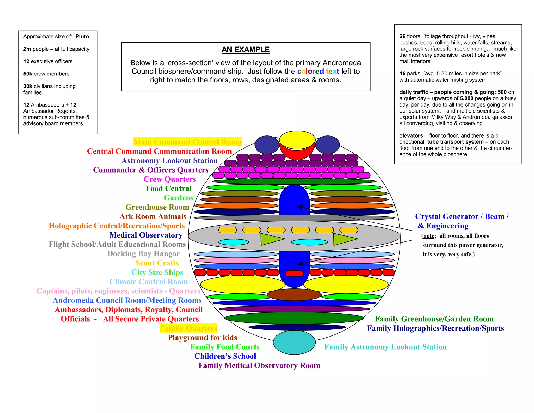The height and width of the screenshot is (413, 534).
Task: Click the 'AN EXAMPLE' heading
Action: coord(246,49)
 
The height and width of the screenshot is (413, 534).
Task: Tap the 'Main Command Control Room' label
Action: coord(187,142)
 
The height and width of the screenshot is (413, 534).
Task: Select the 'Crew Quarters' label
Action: coord(169,179)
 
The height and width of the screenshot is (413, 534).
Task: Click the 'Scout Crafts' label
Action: coord(157,263)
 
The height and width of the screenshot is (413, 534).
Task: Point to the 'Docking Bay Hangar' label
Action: coord(144,253)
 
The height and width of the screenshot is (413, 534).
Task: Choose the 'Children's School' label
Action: coord(225,356)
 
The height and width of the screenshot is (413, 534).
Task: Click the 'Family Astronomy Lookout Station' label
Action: coord(385,347)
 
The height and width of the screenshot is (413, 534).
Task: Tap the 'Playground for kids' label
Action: coord(202,338)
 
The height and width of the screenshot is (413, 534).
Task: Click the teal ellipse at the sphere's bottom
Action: coord(294,342)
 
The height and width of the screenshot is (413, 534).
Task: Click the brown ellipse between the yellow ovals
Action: coord(294,294)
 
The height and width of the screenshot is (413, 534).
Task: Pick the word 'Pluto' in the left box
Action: coord(82,37)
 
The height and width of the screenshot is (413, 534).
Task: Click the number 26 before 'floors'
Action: coord(402,36)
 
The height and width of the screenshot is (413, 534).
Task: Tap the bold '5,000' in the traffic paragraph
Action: coord(466,98)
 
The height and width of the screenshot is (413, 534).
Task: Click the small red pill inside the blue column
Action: coord(294,273)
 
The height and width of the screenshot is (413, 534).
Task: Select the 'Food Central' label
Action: coord(168,188)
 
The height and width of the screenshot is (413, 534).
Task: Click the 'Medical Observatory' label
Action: coord(146,235)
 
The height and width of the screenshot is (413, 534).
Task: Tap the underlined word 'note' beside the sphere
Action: coord(429,236)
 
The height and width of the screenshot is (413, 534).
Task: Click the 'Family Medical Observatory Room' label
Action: coord(259,365)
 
